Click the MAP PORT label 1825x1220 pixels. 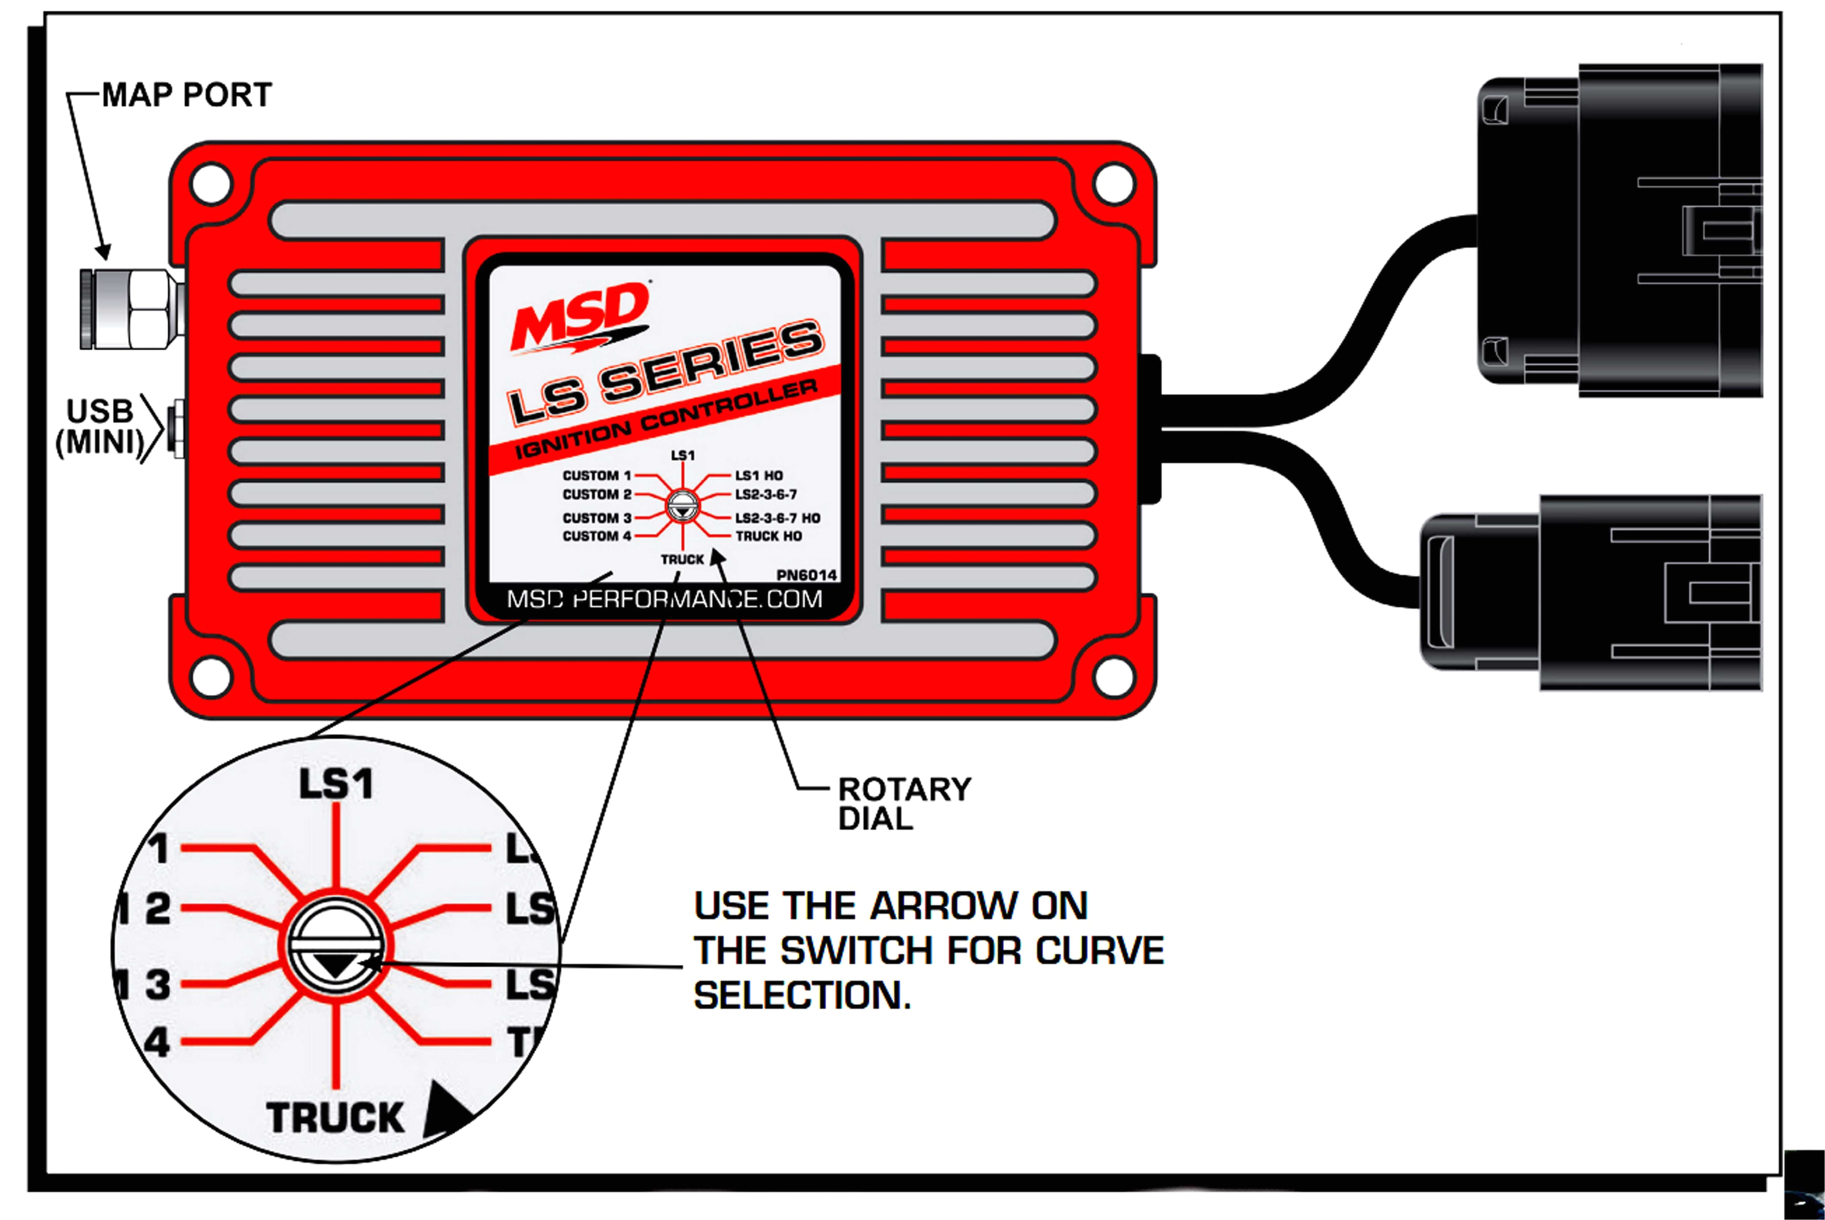(187, 95)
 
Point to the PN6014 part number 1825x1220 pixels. (806, 575)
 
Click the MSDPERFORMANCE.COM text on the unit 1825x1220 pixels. (664, 599)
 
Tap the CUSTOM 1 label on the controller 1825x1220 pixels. (596, 476)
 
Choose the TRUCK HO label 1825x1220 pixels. (768, 536)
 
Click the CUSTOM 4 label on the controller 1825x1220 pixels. (596, 536)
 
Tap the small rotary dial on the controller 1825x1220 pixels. (683, 507)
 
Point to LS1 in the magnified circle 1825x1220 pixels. (336, 784)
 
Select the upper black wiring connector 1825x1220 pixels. (1619, 230)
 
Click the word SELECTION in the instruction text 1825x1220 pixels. (802, 995)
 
